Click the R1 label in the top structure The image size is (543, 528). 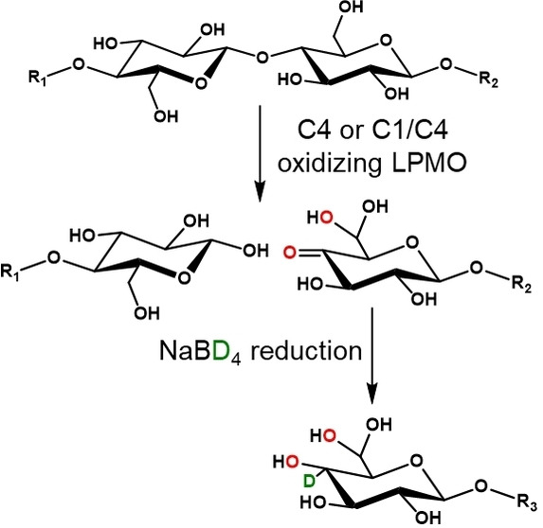coord(37,79)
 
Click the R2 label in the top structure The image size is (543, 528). coord(489,80)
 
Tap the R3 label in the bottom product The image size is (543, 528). coord(528,502)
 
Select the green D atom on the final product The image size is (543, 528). coord(309,481)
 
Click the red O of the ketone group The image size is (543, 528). coord(290,253)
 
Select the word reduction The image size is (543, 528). coord(306,351)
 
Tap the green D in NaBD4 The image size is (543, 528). coord(219,351)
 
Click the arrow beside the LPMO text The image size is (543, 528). coord(260,153)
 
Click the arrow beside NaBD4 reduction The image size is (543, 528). coord(371,356)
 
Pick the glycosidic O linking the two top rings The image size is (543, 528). coord(262,58)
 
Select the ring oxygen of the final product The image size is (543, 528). coord(416,461)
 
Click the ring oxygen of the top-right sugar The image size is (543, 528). coord(386,41)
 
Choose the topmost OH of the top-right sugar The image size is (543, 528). coord(352,7)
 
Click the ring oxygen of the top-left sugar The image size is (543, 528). coord(201,83)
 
